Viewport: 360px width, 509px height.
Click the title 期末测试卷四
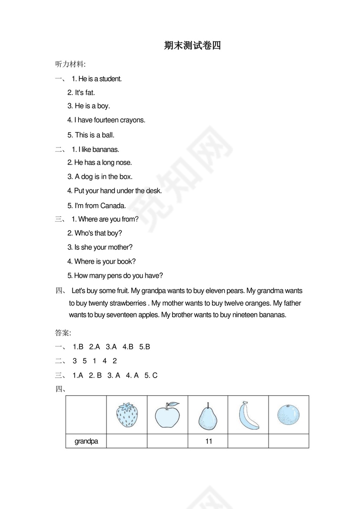tap(193, 46)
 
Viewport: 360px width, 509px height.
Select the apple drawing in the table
tap(167, 415)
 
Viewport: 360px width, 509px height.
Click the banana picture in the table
tap(248, 415)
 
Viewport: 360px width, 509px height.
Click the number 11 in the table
tap(209, 442)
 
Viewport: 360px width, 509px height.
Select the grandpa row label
tap(86, 442)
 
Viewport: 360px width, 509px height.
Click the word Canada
tap(113, 206)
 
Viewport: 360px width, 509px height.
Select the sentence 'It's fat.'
tap(81, 92)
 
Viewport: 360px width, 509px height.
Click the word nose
tap(124, 163)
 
